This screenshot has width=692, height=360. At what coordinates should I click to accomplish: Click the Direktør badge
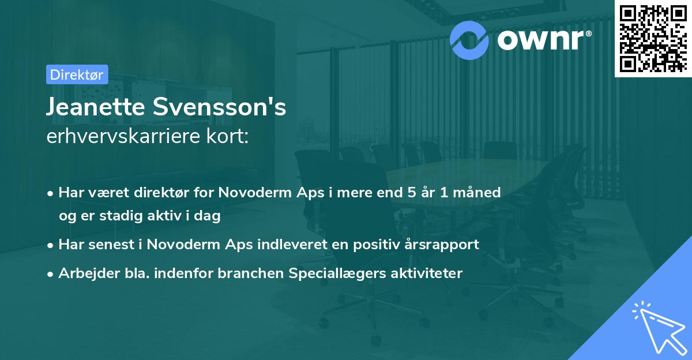[x=76, y=74]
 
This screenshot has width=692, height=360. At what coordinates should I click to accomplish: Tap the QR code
[x=653, y=39]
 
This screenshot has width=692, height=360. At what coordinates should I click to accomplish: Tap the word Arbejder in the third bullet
[x=83, y=273]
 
